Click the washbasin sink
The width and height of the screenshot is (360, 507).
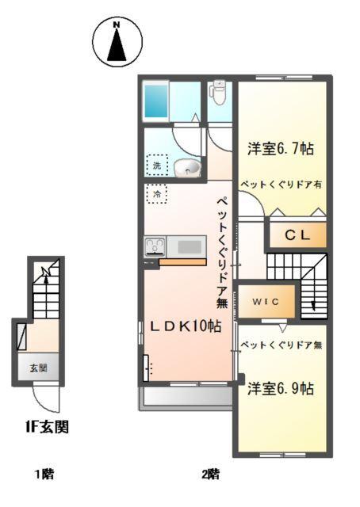pyautogui.click(x=187, y=166)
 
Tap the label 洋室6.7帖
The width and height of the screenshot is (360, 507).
pyautogui.click(x=280, y=148)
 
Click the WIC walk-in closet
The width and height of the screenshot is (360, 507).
pyautogui.click(x=266, y=302)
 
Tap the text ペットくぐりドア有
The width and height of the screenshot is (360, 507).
pyautogui.click(x=281, y=182)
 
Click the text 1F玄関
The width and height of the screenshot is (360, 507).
pyautogui.click(x=45, y=427)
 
